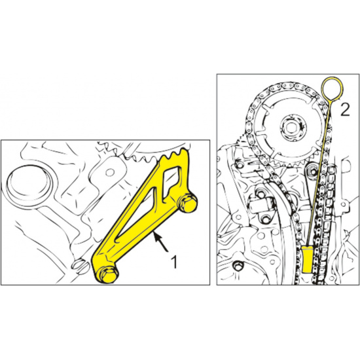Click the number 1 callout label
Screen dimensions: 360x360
[174, 262]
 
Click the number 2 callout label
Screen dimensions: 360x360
[345, 110]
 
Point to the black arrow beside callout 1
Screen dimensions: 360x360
[162, 242]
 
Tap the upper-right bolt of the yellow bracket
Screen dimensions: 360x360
[188, 203]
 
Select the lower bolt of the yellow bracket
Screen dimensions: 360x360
[107, 274]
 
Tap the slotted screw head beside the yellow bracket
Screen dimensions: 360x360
[80, 266]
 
